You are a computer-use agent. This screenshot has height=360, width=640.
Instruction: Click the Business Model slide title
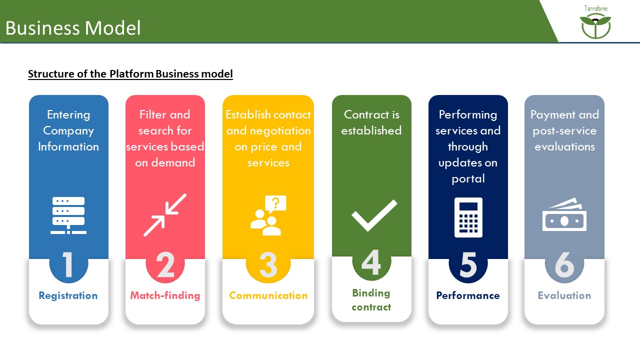tap(73, 28)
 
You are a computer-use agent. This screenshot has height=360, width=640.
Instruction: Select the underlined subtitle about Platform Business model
tap(130, 74)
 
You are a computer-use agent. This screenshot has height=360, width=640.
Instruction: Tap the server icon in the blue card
tap(68, 215)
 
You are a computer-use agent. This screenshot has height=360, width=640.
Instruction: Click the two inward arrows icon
tap(165, 215)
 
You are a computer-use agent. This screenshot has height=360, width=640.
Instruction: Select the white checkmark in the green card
tap(374, 214)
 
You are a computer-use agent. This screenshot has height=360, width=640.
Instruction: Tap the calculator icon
tap(468, 217)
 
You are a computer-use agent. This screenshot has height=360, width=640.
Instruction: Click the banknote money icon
tap(564, 215)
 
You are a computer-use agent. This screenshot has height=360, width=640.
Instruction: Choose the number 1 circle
tap(68, 264)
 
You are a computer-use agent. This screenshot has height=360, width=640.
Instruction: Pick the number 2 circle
tap(165, 264)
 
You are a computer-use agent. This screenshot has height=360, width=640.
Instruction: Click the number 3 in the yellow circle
tap(268, 264)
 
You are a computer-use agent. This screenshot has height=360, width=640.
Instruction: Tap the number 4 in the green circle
tap(371, 262)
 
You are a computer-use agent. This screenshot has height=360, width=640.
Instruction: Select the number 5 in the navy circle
tap(468, 264)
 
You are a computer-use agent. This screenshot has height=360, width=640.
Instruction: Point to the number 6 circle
tap(564, 264)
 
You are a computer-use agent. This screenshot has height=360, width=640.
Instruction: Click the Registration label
tap(68, 295)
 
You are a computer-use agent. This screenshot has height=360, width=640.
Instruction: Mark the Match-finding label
tap(165, 295)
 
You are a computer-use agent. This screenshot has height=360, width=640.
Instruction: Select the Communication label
tap(268, 295)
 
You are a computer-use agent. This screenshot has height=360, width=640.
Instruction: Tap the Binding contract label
tap(371, 300)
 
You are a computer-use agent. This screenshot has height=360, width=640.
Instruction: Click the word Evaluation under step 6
tap(564, 295)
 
